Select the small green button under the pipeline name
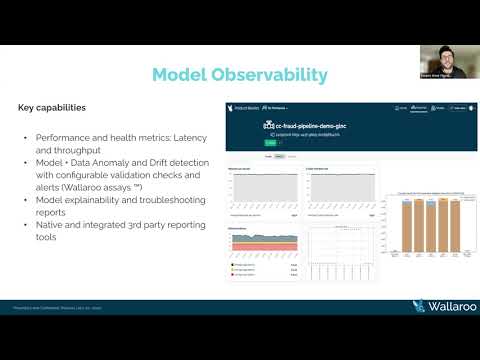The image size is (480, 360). click(x=269, y=143)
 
